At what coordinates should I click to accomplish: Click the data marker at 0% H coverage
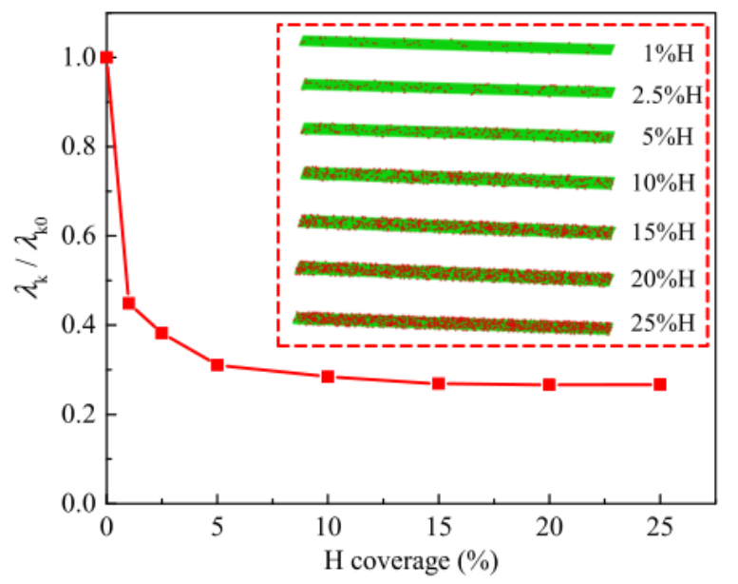click(x=106, y=57)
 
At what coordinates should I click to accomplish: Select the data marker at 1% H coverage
click(x=129, y=303)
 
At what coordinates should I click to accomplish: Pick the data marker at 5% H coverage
click(x=218, y=364)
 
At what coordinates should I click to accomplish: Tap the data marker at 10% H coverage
click(x=328, y=377)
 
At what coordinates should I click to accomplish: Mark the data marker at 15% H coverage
click(x=439, y=383)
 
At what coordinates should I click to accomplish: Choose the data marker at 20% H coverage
click(x=549, y=384)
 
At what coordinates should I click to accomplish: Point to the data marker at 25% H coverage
click(x=660, y=384)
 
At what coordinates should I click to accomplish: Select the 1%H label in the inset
click(x=669, y=53)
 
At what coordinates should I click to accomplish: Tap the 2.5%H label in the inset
click(x=667, y=95)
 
